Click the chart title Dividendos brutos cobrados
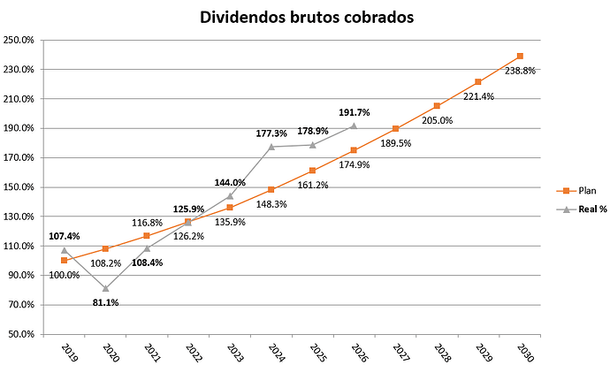[304, 17]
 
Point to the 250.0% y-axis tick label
[19, 40]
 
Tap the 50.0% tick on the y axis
[20, 334]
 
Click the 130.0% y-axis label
[19, 217]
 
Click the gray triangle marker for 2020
[106, 288]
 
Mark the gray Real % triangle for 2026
[354, 125]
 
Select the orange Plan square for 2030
[520, 56]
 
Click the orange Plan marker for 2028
[437, 106]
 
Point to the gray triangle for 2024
[271, 147]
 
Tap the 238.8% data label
[521, 71]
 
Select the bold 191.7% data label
[355, 113]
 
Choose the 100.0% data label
[64, 275]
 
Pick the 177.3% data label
[271, 133]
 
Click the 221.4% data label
[479, 95]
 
